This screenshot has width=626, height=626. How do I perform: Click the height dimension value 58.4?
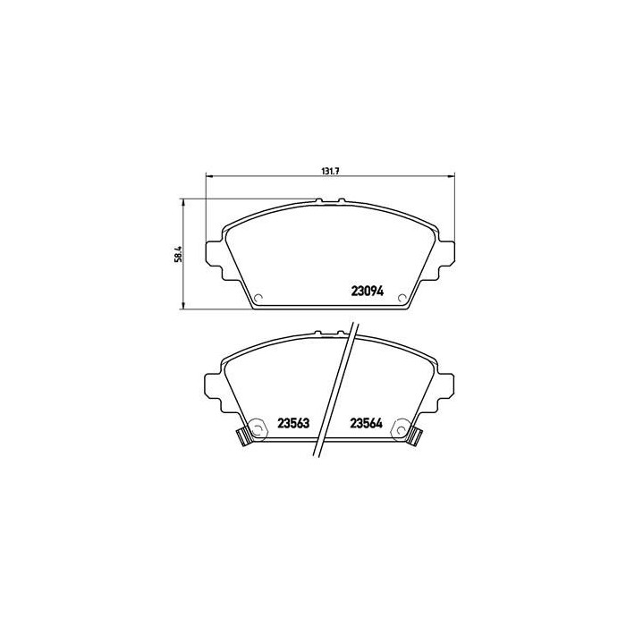click(x=179, y=253)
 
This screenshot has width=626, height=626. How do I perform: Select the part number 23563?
click(x=292, y=424)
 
